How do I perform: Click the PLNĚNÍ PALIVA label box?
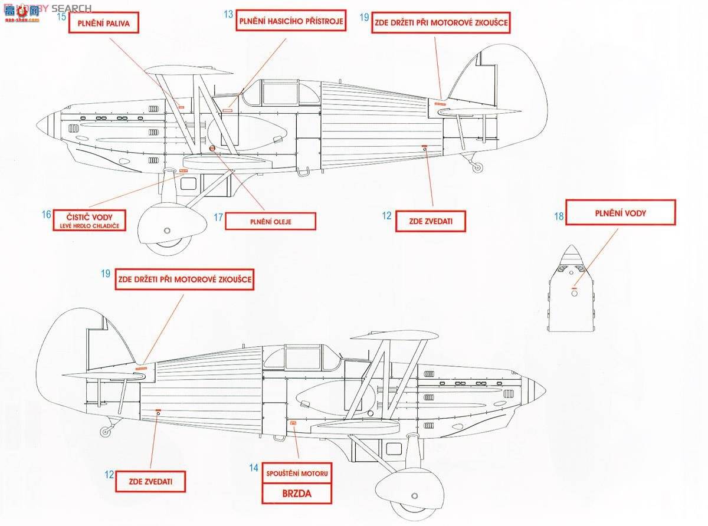pyautogui.click(x=103, y=24)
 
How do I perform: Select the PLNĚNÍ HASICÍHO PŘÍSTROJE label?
pyautogui.click(x=291, y=22)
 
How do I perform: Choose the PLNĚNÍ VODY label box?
pyautogui.click(x=620, y=213)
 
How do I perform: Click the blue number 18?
pyautogui.click(x=559, y=217)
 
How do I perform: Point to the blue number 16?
pyautogui.click(x=47, y=215)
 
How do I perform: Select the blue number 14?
pyautogui.click(x=254, y=468)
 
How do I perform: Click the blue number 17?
pyautogui.click(x=218, y=218)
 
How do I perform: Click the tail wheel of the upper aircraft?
pyautogui.click(x=477, y=167)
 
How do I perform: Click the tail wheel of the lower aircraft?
pyautogui.click(x=106, y=432)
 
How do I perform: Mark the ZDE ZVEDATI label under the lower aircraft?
pyautogui.click(x=150, y=481)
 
